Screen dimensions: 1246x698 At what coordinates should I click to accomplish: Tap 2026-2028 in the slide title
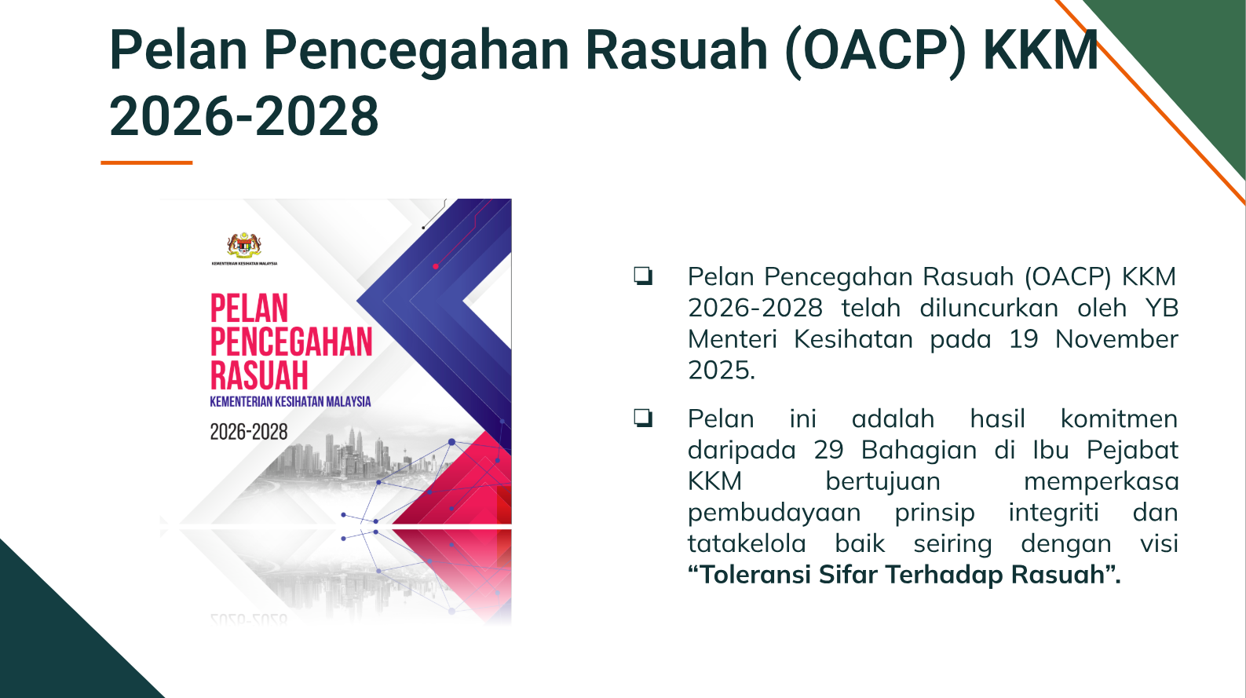(244, 116)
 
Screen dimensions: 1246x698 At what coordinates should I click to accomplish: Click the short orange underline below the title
(146, 163)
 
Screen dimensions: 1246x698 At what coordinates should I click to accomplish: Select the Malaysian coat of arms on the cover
(244, 245)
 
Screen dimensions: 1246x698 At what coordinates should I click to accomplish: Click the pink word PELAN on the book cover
(249, 308)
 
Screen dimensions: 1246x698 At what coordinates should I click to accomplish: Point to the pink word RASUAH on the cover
(259, 375)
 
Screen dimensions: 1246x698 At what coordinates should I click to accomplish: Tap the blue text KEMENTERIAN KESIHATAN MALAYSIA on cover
(290, 401)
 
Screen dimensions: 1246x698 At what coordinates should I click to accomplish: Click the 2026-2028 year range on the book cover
(249, 432)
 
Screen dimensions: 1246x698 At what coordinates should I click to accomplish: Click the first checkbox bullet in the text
(643, 276)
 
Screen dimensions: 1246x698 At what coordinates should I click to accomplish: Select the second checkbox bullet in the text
(643, 418)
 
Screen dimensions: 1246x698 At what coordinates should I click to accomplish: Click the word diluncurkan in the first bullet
(988, 308)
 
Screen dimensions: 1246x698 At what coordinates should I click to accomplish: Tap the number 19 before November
(1024, 339)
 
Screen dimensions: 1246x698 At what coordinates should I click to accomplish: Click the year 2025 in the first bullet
(722, 371)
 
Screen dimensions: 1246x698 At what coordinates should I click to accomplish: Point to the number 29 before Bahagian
(829, 450)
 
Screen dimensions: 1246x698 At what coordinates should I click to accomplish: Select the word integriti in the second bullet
(1054, 512)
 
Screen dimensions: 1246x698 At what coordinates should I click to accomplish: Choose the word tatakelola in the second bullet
(747, 543)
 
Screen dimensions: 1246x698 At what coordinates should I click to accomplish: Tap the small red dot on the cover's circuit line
(436, 266)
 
